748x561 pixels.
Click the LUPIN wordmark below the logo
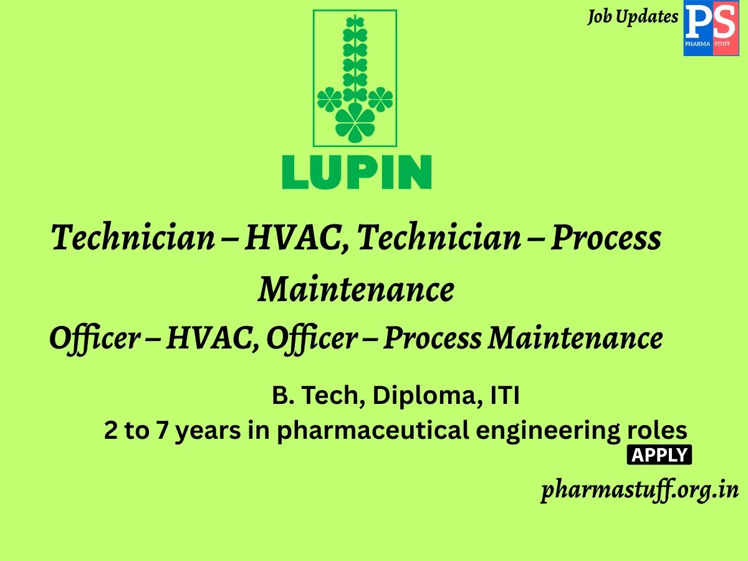pos(357,172)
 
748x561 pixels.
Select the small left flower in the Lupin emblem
pos(329,98)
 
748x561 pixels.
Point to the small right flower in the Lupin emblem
pos(380,98)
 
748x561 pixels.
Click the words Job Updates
pos(632,17)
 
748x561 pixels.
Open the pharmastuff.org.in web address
pos(640,490)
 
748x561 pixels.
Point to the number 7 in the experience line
pos(161,431)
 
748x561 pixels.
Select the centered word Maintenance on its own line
pos(356,289)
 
